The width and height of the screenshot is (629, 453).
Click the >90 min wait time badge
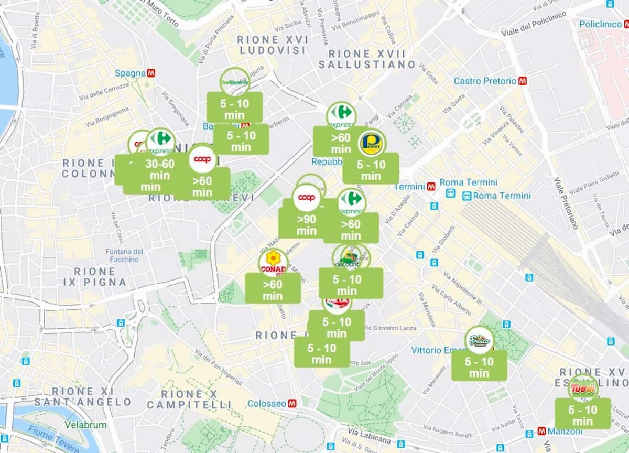click(x=306, y=224)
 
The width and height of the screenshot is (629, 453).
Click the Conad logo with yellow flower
click(x=273, y=263)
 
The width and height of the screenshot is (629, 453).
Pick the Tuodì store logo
click(x=582, y=389)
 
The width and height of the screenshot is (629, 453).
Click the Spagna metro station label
click(x=130, y=73)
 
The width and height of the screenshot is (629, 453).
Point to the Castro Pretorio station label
click(x=485, y=81)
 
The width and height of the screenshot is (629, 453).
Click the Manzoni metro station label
click(x=564, y=431)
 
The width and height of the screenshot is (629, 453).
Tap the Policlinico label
click(x=600, y=24)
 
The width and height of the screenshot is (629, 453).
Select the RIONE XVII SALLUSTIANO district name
click(x=367, y=59)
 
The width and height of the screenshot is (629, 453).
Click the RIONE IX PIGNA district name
click(x=95, y=277)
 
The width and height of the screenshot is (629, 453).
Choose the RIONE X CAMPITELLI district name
click(x=189, y=399)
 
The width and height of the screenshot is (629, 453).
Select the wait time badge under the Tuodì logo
click(x=582, y=414)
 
